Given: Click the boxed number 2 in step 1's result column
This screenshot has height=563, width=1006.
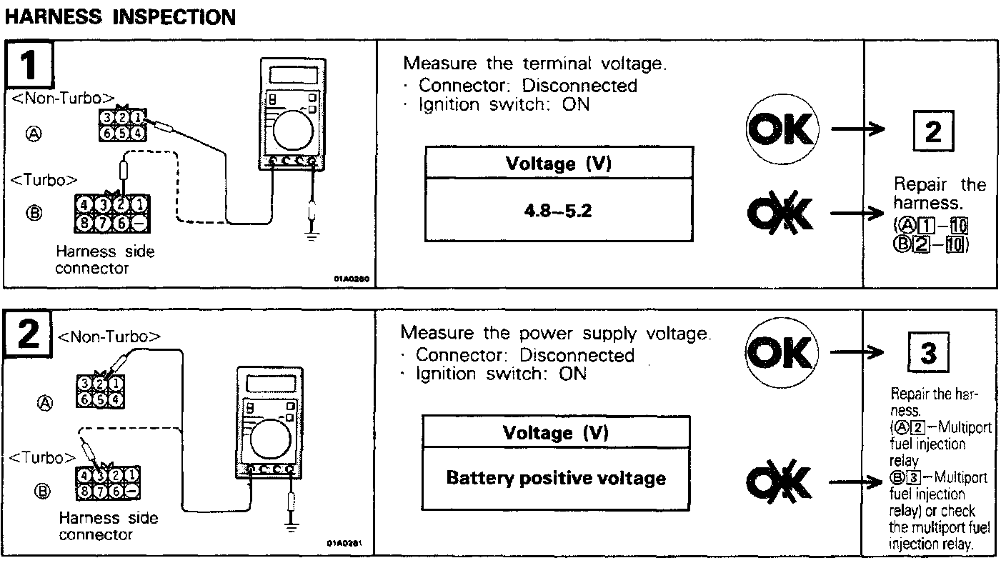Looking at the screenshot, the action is click(x=932, y=133).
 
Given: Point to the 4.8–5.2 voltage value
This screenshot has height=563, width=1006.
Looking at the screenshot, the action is click(x=558, y=213).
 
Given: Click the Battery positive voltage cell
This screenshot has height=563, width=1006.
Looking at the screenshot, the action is click(x=556, y=478).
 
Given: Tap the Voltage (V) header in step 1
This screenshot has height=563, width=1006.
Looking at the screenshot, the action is click(x=558, y=164).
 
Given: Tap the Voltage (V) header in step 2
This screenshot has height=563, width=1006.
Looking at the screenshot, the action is click(x=556, y=433).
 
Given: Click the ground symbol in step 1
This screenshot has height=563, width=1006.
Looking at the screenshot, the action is click(x=312, y=236).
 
